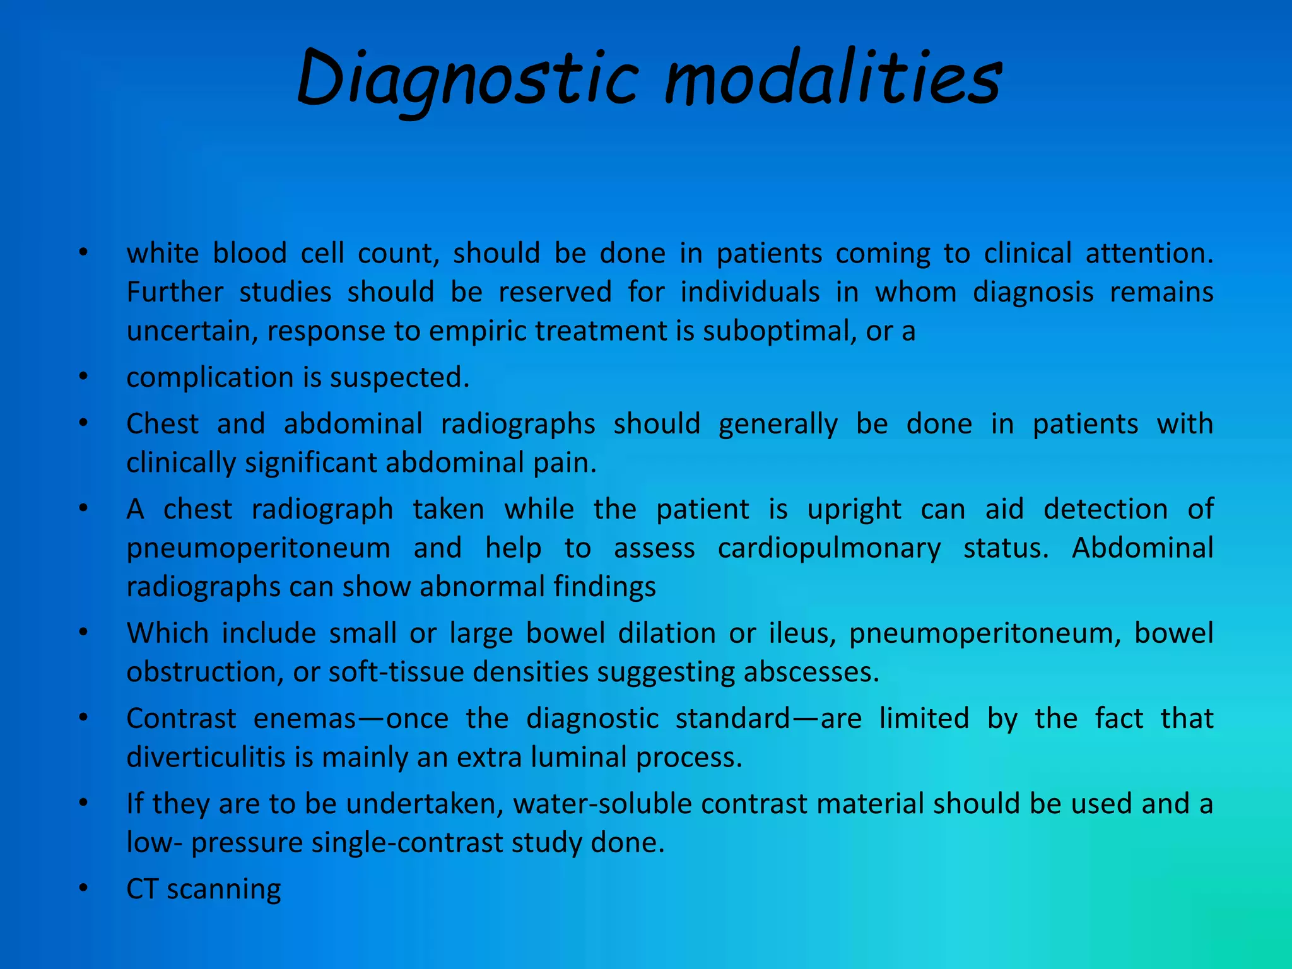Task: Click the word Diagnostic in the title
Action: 467,79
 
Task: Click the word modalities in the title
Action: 833,79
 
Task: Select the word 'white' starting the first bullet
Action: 163,253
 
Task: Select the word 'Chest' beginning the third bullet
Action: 162,423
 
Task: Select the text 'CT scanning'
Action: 203,890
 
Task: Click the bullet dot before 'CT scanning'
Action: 83,888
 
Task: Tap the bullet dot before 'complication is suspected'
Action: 83,377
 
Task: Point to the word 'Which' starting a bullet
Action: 167,633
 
